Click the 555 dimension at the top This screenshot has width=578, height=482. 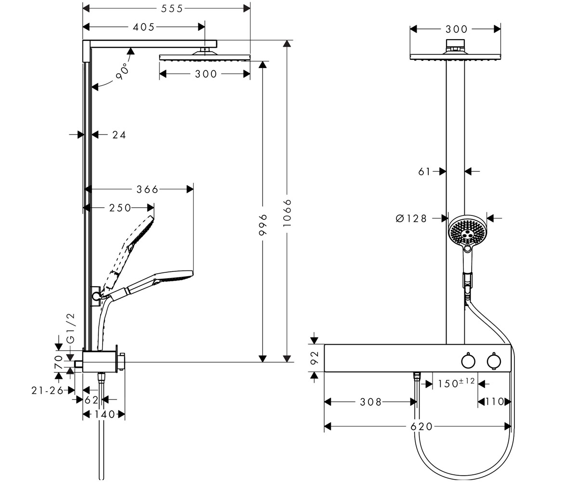[x=172, y=9]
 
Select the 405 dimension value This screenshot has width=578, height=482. [x=144, y=27]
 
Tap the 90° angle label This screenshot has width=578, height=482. [x=122, y=72]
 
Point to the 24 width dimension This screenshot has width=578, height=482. [x=119, y=135]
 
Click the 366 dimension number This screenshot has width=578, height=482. [x=147, y=189]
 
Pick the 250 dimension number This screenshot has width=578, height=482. [x=120, y=208]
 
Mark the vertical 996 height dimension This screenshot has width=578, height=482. [x=263, y=225]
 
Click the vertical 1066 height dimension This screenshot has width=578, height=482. [x=288, y=213]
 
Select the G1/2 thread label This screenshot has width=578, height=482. [x=71, y=328]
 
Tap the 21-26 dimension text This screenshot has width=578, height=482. [x=48, y=390]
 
